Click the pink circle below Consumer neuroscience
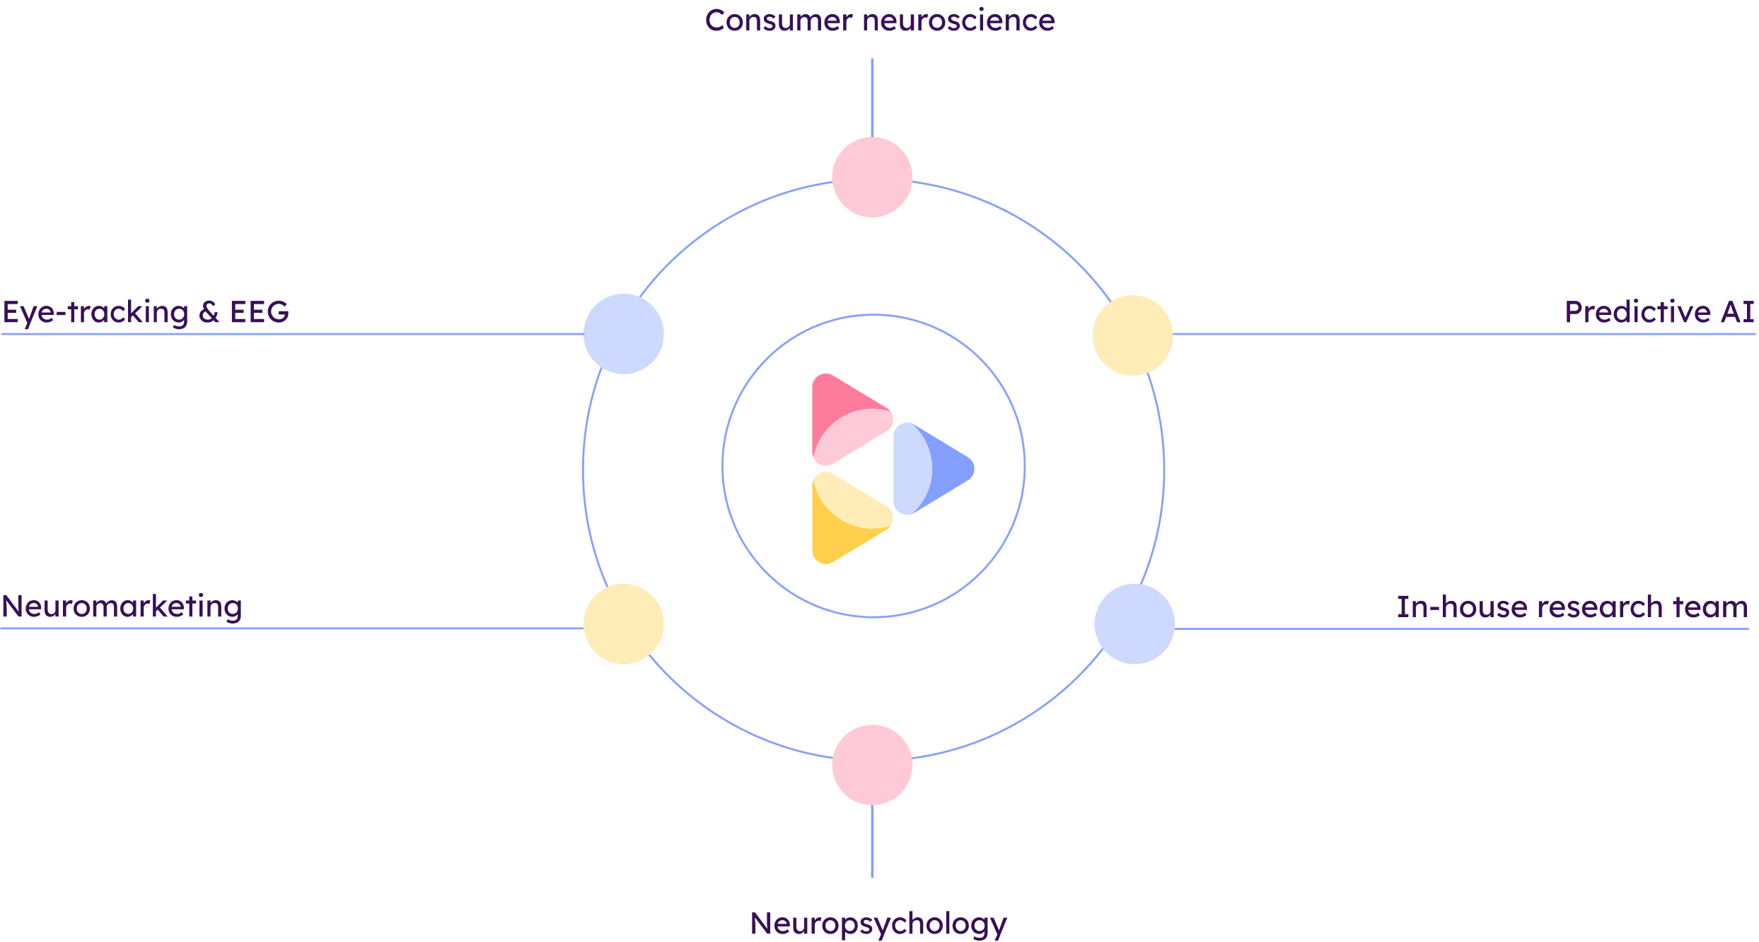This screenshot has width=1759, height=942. point(872,177)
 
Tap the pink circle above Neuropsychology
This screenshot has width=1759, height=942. point(872,764)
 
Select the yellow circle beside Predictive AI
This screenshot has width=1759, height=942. point(1132,335)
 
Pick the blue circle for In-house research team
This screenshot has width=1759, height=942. point(1134,624)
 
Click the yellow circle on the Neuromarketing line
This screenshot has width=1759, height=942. point(623,624)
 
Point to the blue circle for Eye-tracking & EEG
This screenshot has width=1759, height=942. point(623,333)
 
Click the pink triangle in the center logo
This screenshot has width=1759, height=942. point(849,419)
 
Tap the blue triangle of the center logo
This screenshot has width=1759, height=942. point(932,469)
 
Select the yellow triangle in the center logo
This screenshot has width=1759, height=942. point(849,518)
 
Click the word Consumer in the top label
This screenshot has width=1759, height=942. point(779,21)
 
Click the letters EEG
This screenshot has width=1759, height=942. point(259,312)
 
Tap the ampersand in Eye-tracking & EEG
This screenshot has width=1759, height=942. point(209,312)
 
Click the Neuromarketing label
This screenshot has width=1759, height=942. point(122,607)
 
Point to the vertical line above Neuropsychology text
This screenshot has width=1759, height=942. point(872,842)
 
